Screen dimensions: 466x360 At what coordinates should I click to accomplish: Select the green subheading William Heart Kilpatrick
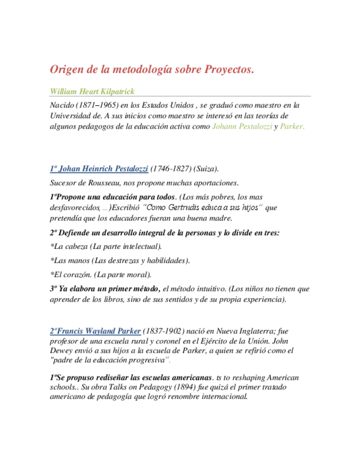click(x=92, y=91)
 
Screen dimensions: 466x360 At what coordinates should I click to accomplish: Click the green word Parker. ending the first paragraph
click(x=291, y=126)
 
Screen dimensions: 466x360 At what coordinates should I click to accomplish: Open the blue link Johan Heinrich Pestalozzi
click(x=99, y=168)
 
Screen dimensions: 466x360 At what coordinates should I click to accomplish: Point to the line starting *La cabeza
click(x=106, y=246)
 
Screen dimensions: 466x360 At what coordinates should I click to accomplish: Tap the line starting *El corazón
click(x=101, y=274)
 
